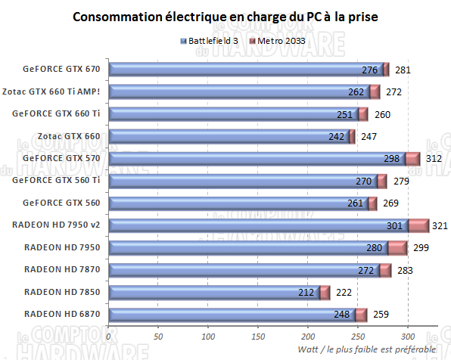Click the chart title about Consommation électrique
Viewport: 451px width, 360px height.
tap(226, 16)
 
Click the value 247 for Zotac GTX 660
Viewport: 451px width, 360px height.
tap(369, 137)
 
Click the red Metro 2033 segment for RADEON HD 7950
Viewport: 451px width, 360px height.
tap(397, 247)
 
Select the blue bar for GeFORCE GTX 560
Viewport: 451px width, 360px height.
tap(238, 203)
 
